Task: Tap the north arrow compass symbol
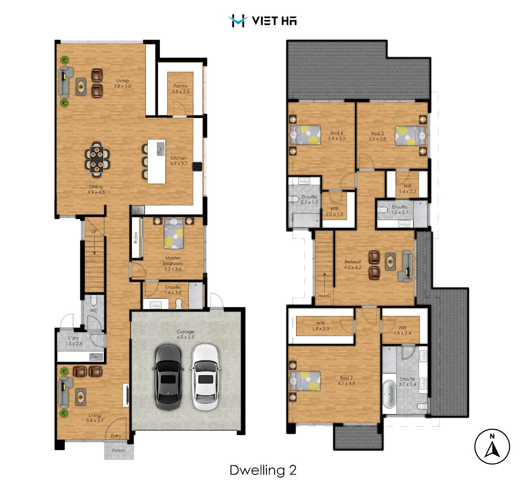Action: (492, 447)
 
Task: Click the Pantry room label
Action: (180, 86)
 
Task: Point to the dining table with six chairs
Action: (97, 160)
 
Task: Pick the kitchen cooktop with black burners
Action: (197, 167)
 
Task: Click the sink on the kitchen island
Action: (160, 149)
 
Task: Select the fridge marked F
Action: (138, 210)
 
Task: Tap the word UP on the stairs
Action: (94, 231)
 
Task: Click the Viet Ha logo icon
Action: (238, 21)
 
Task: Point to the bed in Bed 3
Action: (410, 136)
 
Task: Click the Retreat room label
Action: (352, 262)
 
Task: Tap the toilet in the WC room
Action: (94, 300)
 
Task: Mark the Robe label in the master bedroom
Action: (136, 237)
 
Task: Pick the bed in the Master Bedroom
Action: (174, 233)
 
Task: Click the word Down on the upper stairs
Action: (324, 296)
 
